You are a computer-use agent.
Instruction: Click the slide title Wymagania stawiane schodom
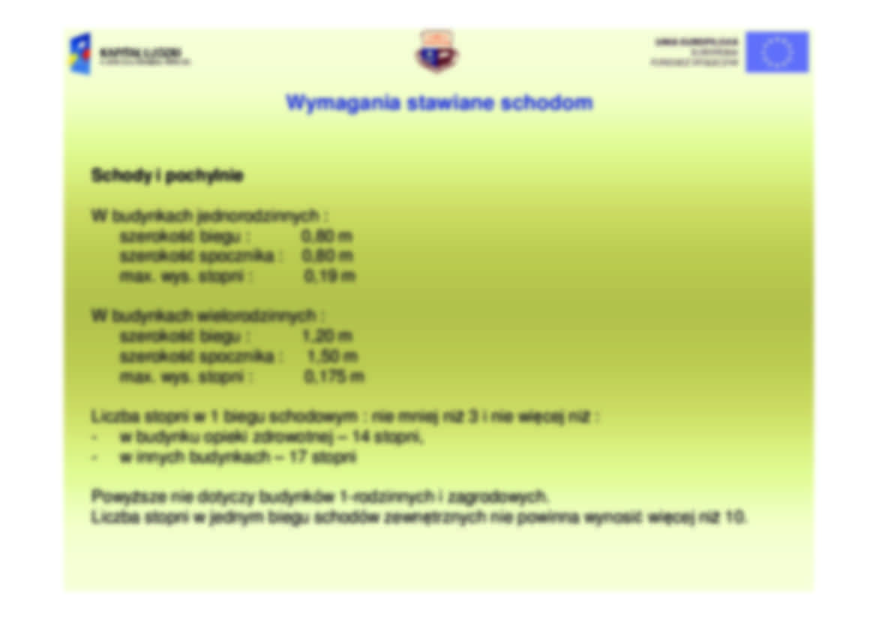coord(439,103)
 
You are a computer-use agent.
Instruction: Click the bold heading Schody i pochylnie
coord(167,176)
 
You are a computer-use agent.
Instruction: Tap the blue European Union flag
coord(776,52)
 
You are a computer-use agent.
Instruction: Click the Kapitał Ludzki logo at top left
coord(129,54)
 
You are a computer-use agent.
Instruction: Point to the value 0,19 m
coord(329,276)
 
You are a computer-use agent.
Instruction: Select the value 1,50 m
coord(332,356)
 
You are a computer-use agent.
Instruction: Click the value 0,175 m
coord(334,376)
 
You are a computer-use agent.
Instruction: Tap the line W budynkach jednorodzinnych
coord(209,216)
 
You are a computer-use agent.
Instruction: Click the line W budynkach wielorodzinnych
coord(208,316)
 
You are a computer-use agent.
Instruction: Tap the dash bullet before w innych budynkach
coord(95,457)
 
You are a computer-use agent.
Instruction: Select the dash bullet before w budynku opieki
coord(95,437)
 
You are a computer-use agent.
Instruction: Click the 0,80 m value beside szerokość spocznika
coord(327,256)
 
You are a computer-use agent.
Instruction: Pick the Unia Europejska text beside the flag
coord(695,43)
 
